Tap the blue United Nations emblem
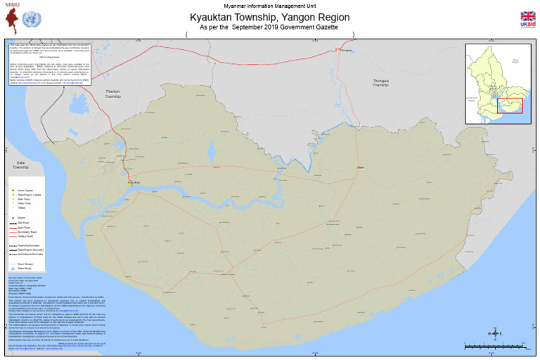(x=32, y=19)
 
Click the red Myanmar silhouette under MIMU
(x=12, y=19)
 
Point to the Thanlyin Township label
(x=113, y=94)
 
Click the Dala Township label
(x=20, y=165)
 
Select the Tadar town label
(x=361, y=167)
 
